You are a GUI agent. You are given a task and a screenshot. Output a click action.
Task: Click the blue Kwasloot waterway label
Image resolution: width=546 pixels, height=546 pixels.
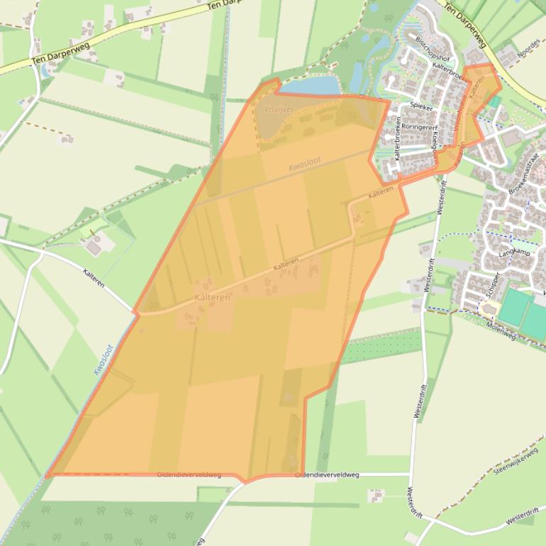104,360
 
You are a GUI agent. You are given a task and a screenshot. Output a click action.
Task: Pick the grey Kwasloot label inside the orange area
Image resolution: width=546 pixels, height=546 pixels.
305,165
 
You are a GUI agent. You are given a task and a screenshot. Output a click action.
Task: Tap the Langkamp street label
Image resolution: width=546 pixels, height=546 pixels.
515,252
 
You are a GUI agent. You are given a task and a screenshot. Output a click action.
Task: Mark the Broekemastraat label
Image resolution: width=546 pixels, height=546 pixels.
523,173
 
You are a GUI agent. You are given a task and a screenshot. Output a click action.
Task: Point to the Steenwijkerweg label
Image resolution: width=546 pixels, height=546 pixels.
516,459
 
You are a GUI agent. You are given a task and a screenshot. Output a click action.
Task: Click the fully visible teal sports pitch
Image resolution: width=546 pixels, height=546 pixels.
514,308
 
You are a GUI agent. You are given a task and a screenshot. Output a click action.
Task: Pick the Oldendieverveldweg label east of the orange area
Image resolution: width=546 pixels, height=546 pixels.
328,474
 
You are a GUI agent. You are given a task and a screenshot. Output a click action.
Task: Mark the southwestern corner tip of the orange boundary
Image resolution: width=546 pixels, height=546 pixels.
47,475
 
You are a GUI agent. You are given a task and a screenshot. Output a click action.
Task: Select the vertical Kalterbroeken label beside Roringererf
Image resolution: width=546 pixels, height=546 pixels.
399,138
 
